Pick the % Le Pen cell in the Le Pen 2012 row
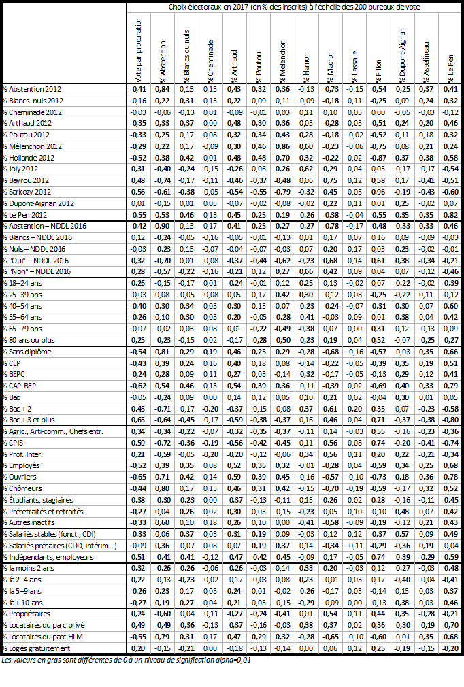tap(450, 214)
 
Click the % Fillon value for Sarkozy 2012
tap(379, 192)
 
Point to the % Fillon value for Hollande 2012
tap(379, 157)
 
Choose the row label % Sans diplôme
tap(27, 352)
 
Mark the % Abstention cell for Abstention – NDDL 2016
tap(161, 226)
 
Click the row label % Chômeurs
tap(24, 488)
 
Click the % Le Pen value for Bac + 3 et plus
tap(450, 420)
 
